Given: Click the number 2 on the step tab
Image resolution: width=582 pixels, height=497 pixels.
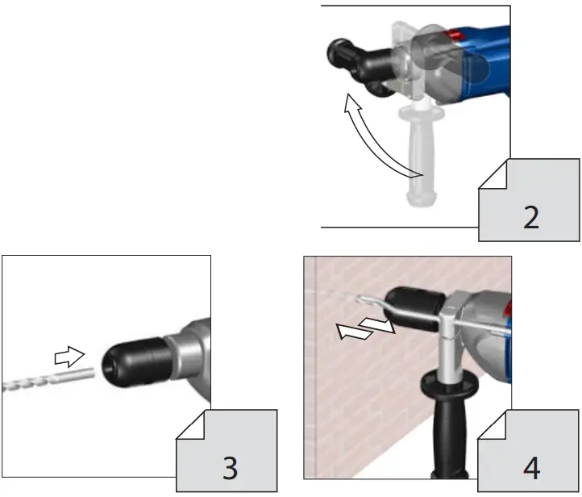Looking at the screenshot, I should pyautogui.click(x=530, y=217).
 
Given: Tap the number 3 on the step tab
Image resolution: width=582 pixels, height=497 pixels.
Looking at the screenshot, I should pyautogui.click(x=230, y=468).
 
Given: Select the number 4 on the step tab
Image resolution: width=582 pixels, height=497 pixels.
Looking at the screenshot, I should pyautogui.click(x=531, y=467).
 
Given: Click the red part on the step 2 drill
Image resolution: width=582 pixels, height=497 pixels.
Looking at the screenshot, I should pyautogui.click(x=457, y=36).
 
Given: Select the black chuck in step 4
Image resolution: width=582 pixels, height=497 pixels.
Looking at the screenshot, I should pyautogui.click(x=411, y=311).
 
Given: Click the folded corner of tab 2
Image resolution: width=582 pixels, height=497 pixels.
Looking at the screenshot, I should pyautogui.click(x=493, y=174).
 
